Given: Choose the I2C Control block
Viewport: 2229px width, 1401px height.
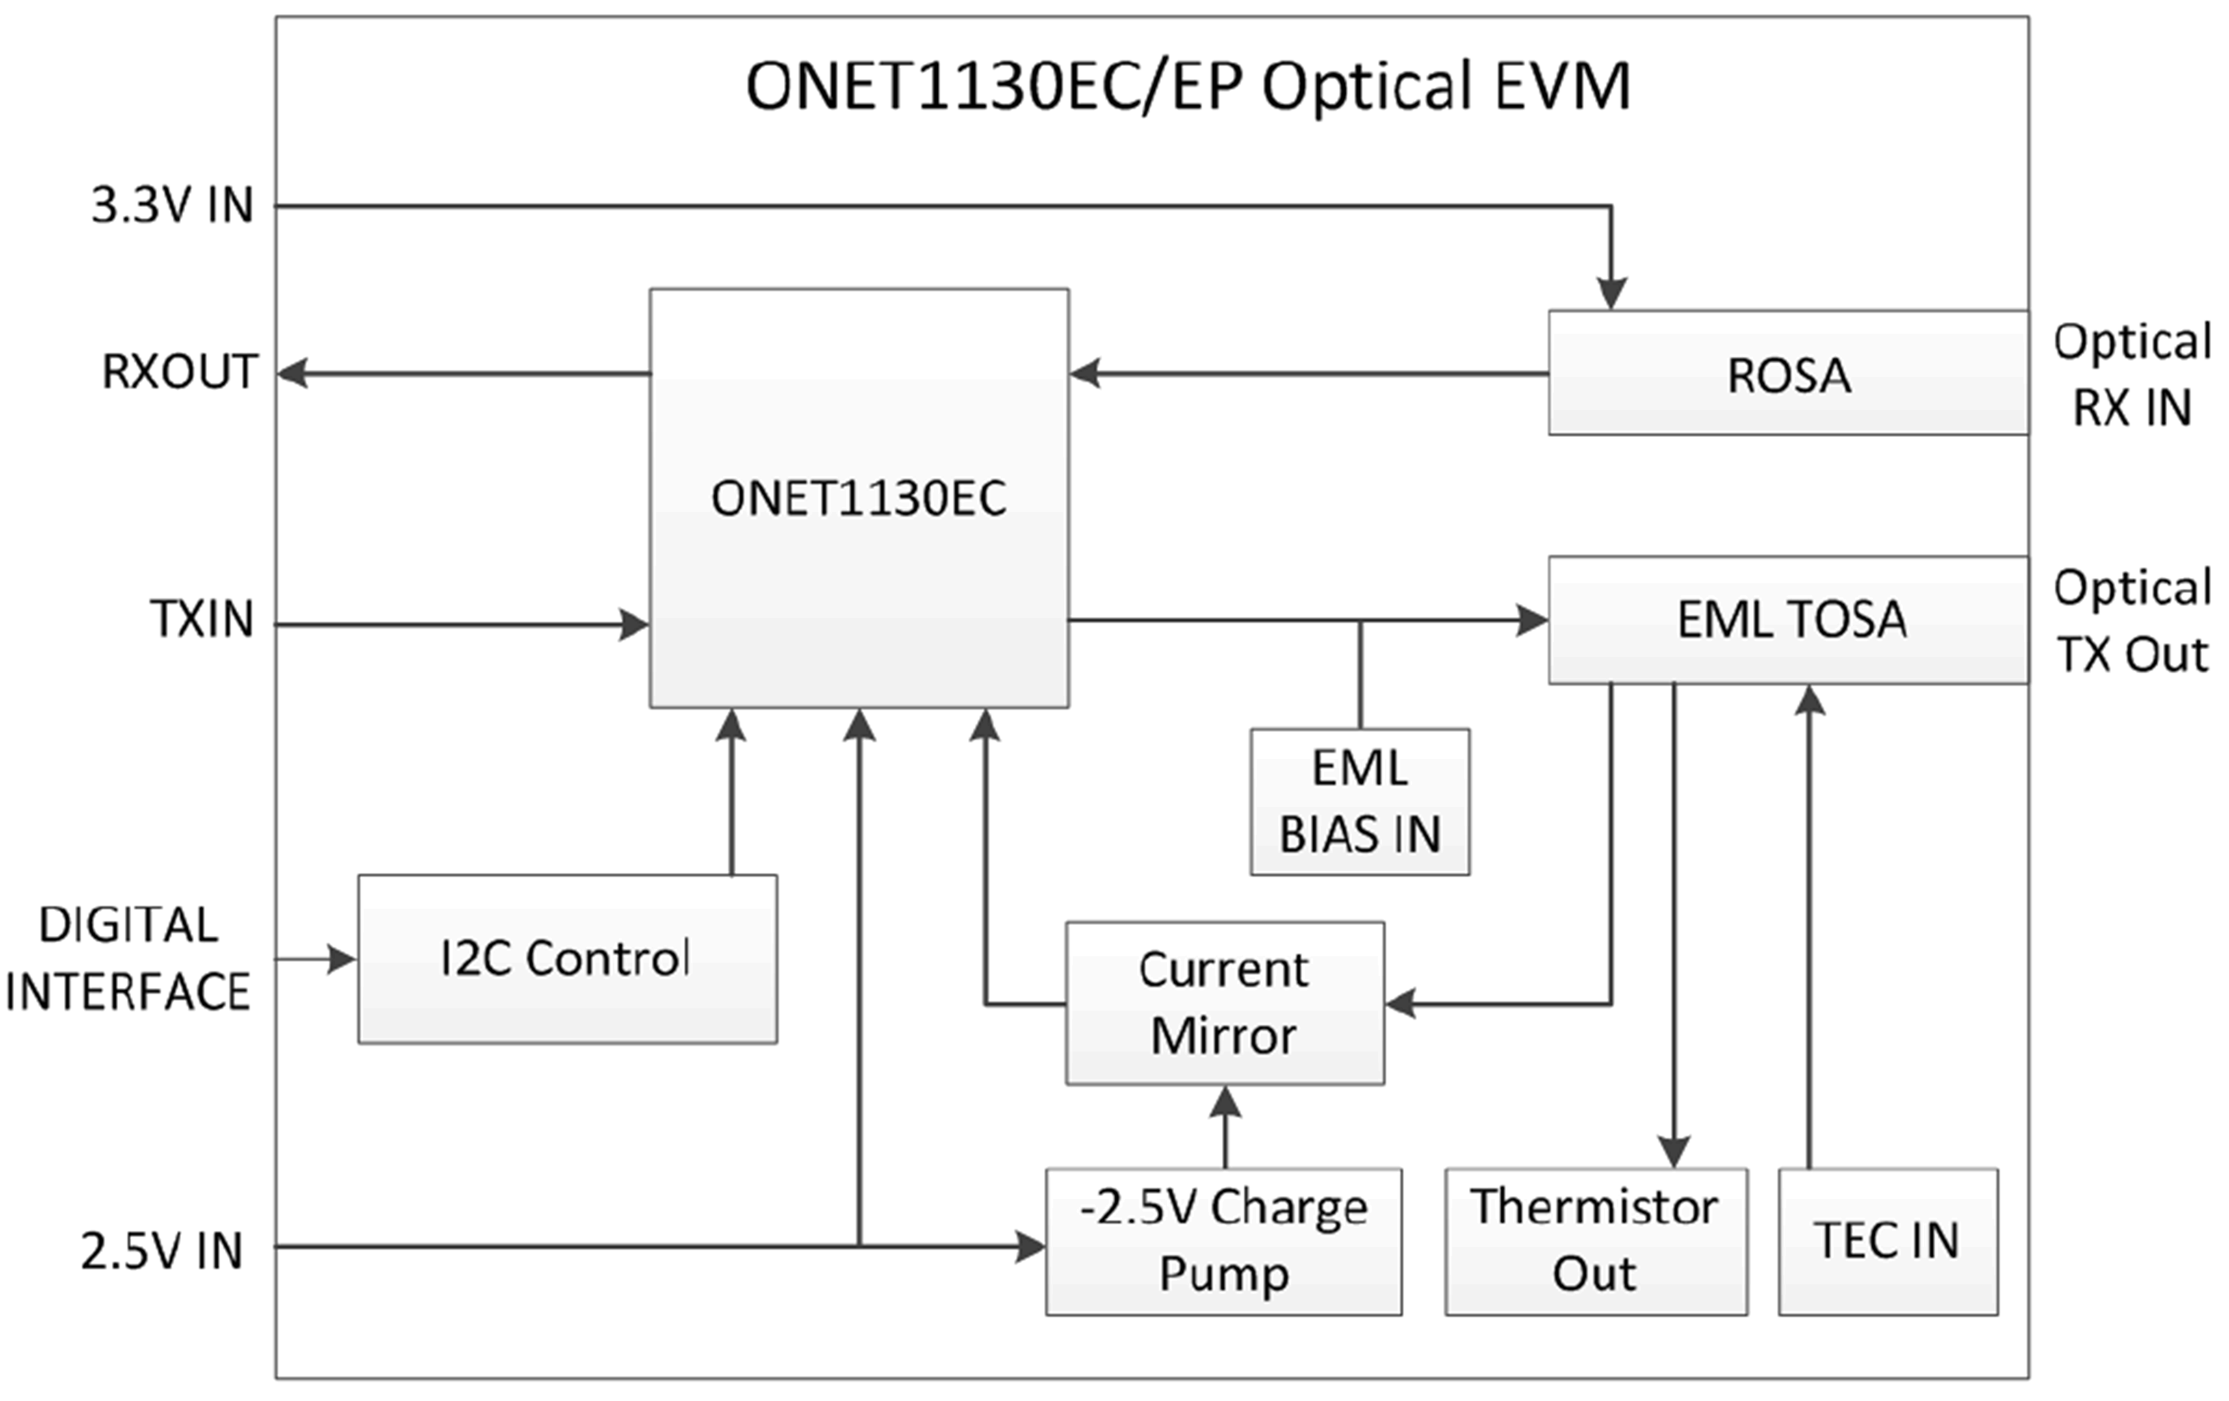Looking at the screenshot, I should [x=566, y=959].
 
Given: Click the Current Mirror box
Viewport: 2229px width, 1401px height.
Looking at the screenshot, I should [x=1224, y=1003].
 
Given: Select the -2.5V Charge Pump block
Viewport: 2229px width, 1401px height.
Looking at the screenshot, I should [x=1223, y=1241].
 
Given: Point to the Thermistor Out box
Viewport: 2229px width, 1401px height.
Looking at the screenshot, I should [x=1595, y=1241].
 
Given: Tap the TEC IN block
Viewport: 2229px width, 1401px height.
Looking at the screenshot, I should [x=1887, y=1241].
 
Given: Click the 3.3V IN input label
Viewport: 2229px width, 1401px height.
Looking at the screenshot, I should [x=172, y=206].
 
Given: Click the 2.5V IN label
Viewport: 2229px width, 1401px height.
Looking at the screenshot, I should [x=162, y=1251].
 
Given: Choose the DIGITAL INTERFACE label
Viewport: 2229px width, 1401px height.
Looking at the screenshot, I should [x=128, y=959].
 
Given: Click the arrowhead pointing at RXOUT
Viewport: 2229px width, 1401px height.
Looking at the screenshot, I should [x=292, y=374].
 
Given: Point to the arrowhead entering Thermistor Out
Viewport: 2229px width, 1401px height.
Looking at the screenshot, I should [x=1673, y=1152].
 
